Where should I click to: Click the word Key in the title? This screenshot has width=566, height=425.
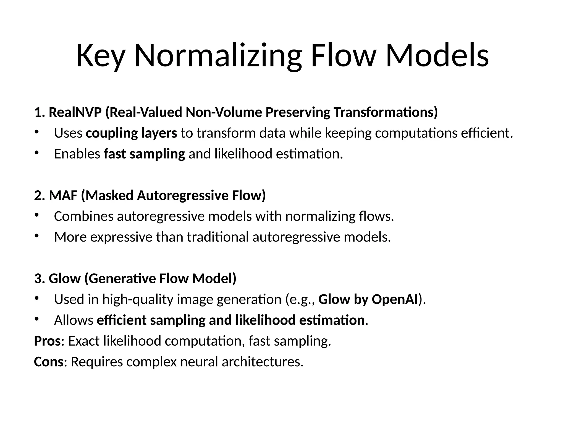tap(100, 56)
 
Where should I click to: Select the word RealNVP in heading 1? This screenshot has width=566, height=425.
tap(75, 112)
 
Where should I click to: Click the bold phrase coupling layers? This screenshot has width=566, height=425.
tap(131, 133)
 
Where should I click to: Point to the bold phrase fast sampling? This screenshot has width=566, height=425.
tap(144, 154)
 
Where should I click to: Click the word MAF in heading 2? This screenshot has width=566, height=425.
tap(63, 195)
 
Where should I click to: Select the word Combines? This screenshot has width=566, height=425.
tap(84, 216)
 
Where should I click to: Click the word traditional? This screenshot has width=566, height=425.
tap(218, 237)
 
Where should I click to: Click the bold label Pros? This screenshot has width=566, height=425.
tap(47, 341)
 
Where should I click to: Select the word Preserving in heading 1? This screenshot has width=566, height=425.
tap(298, 112)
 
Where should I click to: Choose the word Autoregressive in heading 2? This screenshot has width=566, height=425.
tap(182, 195)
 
